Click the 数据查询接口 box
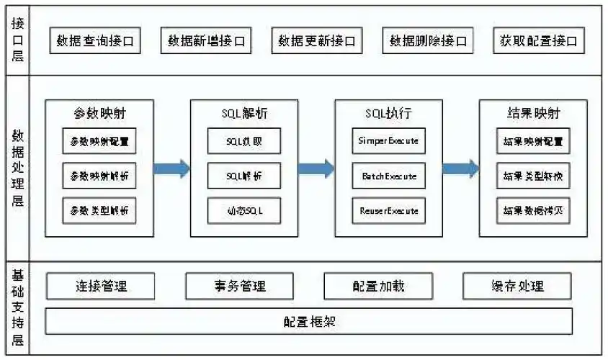point(95,41)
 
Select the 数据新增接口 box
point(206,41)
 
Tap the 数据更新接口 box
point(317,41)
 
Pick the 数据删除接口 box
point(428,41)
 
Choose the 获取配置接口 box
point(539,41)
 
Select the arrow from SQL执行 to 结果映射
point(460,169)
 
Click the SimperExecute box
point(388,140)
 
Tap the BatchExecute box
point(388,176)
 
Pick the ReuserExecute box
point(388,211)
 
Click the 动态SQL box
point(244,211)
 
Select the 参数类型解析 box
point(99,211)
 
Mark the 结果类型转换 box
point(533,176)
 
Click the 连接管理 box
point(101,286)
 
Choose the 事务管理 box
point(239,286)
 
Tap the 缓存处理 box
point(517,286)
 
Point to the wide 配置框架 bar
point(309,321)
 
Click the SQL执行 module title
point(388,113)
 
